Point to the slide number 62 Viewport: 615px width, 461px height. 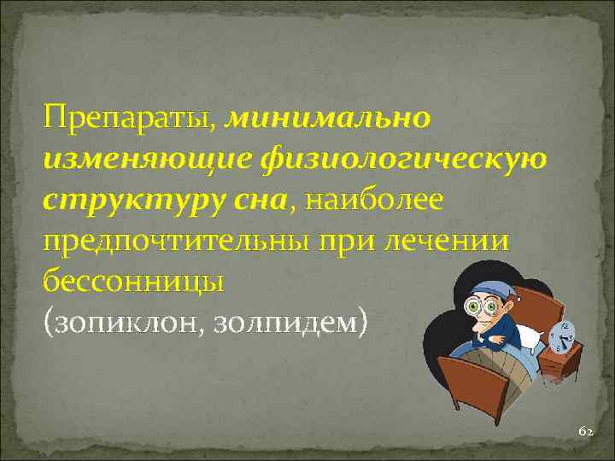tap(585, 432)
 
